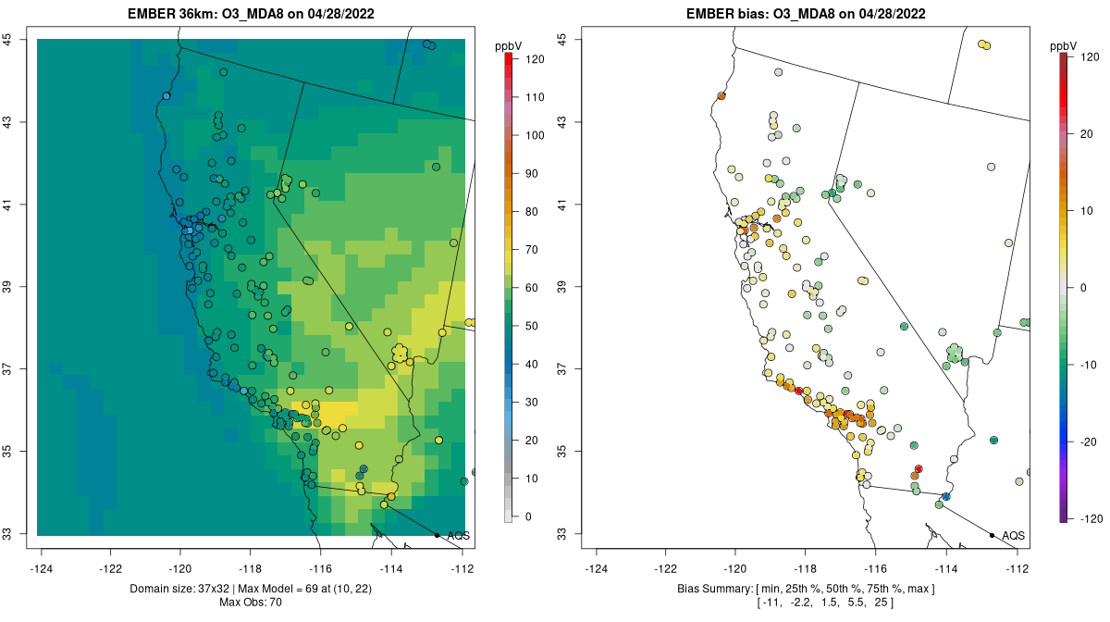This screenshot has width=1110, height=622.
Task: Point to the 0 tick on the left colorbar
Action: pos(524,516)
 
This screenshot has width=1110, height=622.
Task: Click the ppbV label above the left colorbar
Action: pos(508,45)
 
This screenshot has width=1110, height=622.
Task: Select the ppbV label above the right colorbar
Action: pos(1064,45)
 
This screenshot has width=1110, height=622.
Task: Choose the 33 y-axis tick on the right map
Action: pos(562,534)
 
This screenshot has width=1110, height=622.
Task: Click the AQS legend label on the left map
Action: pos(458,536)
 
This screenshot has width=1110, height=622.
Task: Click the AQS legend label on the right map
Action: pos(1013,536)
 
